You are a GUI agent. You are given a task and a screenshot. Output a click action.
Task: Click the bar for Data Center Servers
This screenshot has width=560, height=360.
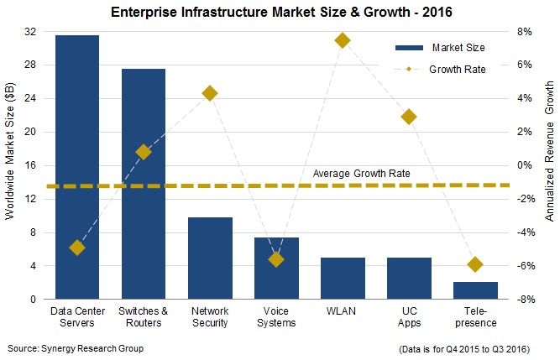[x=77, y=168]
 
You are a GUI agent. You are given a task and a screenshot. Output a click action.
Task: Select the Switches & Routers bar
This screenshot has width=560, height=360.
[x=144, y=185]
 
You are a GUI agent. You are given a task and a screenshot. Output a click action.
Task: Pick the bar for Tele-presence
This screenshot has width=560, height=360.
[x=475, y=290]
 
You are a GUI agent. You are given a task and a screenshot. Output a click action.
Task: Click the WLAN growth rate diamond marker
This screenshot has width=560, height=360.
[x=343, y=40]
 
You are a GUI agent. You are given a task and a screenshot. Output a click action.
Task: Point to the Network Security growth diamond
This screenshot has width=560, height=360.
[x=210, y=93]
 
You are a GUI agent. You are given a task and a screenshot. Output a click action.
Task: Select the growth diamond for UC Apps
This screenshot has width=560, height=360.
[x=409, y=117]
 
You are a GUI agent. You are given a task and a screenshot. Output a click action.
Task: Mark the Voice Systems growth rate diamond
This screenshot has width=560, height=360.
[x=276, y=259]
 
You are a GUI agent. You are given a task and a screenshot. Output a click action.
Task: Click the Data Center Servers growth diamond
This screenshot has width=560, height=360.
[x=77, y=248]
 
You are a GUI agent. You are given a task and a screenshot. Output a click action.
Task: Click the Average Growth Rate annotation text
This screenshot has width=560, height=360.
[x=361, y=174]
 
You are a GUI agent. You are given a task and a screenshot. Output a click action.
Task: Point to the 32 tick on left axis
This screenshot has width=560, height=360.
[x=34, y=31]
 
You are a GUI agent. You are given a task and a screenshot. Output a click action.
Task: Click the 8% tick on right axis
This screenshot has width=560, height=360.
[x=524, y=31]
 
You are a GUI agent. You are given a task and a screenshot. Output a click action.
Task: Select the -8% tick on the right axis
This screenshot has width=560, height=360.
[x=522, y=300]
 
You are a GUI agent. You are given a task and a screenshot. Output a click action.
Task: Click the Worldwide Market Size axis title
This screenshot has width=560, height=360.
[x=9, y=165]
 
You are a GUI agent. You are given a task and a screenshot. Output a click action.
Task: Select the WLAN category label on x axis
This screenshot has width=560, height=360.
[x=343, y=312]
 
